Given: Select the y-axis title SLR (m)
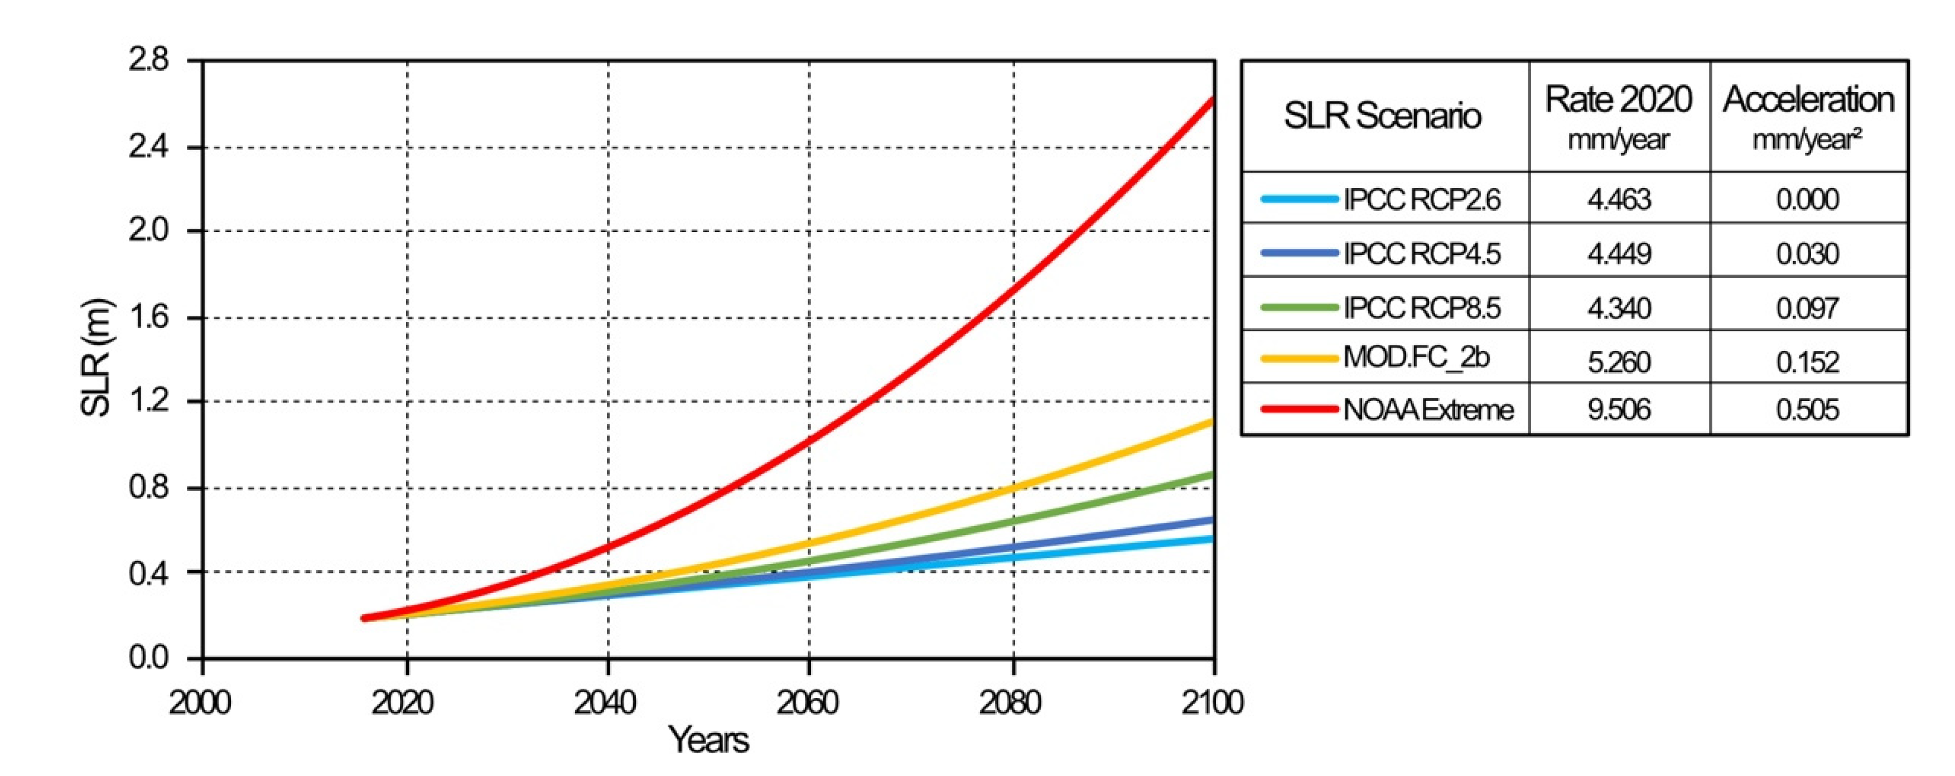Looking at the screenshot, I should [x=97, y=358].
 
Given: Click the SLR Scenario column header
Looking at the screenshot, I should [x=1382, y=116].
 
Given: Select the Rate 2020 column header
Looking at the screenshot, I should [x=1618, y=116].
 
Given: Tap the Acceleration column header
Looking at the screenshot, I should [x=1808, y=116].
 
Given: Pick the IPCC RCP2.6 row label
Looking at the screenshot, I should [x=1421, y=199].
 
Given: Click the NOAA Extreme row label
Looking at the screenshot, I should [x=1427, y=409].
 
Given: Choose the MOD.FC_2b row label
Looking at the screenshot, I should [x=1416, y=357].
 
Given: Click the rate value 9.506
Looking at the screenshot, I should [x=1619, y=409].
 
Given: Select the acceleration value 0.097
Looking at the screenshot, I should [x=1807, y=307].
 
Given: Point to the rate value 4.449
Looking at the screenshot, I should [x=1619, y=253].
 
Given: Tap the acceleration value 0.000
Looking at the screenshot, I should [x=1807, y=199].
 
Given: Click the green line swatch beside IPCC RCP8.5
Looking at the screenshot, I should [x=1298, y=307].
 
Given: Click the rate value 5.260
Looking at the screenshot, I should [x=1619, y=362].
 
